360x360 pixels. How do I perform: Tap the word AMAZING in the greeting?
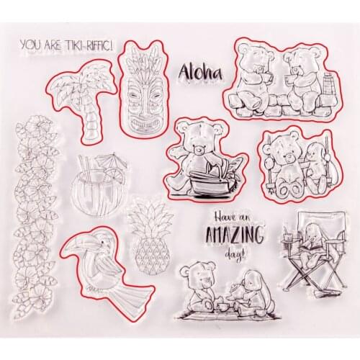pos(235,234)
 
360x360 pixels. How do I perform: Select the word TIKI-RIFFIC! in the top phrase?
pos(89,45)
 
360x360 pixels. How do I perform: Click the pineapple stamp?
pos(151,238)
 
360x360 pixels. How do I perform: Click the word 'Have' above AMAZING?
pos(224,217)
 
